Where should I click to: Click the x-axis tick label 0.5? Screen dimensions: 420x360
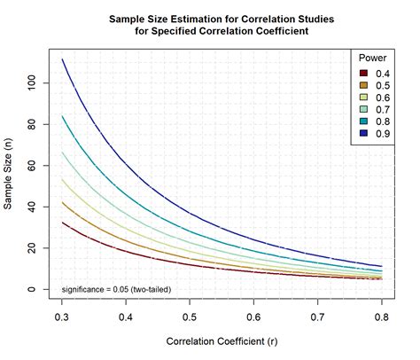190,317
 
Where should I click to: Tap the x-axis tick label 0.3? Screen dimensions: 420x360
62,317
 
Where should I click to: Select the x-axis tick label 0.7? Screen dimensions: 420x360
317,317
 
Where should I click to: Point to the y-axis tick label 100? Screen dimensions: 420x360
31,83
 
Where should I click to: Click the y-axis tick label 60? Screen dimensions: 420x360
31,166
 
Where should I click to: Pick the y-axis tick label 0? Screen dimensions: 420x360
31,289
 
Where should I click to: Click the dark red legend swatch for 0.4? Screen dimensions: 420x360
363,74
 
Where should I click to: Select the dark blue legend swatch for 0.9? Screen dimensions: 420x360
363,134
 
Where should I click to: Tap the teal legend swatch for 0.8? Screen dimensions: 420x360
363,121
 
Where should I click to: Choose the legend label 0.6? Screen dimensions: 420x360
383,98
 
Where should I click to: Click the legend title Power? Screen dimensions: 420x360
372,58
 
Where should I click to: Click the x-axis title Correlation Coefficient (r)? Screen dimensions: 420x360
222,341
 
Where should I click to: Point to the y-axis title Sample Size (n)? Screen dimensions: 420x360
8,174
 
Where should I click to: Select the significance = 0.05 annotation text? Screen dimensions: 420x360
116,289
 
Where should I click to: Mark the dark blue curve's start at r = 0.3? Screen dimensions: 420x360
62,59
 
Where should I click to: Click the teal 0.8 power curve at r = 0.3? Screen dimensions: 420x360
62,116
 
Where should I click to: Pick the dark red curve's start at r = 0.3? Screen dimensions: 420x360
62,223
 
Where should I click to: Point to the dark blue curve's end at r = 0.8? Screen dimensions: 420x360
382,266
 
